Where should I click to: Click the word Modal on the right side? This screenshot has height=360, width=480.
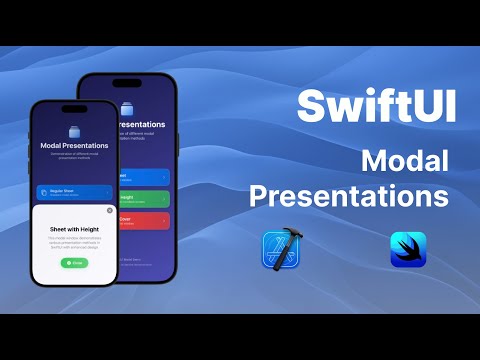pos(404,159)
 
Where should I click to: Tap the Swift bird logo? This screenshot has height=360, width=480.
pos(408,249)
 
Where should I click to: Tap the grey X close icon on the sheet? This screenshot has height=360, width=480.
pos(110,211)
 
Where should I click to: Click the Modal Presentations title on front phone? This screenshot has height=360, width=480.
pos(73,145)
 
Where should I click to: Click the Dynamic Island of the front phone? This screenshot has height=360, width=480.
pos(73,109)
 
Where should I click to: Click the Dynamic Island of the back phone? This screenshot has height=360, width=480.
pos(127,84)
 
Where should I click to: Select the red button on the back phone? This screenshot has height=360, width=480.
pos(145,220)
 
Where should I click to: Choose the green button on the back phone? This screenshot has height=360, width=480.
pos(145,198)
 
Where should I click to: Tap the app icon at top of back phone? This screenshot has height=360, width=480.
pos(127,107)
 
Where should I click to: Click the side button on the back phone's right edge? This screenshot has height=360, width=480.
pos(178,140)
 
